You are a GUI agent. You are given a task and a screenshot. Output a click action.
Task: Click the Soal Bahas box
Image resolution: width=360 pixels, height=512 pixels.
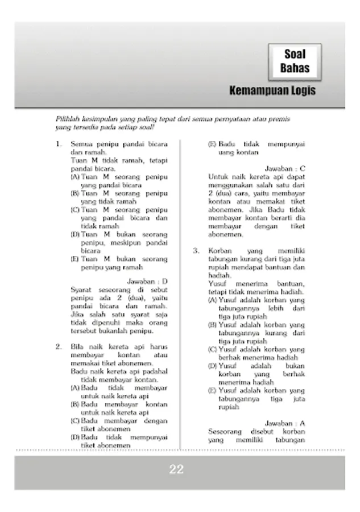(295, 61)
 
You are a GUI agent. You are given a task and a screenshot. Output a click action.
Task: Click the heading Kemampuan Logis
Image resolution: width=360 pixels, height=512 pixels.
(272, 91)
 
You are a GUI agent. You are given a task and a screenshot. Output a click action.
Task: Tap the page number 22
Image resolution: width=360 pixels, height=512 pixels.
(176, 469)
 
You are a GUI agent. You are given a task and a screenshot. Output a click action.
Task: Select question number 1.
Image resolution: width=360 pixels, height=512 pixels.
(59, 144)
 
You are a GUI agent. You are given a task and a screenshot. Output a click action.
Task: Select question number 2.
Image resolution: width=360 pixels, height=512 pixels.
(59, 346)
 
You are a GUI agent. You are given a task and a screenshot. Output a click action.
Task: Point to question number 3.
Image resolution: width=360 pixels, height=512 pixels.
(196, 250)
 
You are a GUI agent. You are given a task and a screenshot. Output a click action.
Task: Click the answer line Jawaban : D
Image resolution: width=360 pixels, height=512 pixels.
(147, 281)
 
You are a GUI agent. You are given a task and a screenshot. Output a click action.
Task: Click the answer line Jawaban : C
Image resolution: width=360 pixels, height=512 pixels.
(285, 168)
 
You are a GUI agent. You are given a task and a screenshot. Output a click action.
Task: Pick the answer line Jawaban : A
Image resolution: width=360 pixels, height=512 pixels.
(285, 423)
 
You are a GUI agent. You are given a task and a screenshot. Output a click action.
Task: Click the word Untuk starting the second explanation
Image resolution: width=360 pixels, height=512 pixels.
(218, 177)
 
